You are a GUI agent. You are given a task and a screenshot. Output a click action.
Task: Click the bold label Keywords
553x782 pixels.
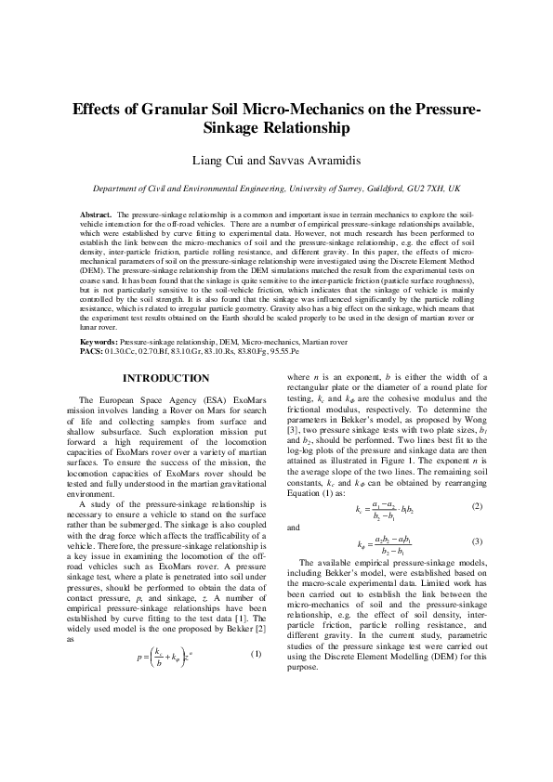click(x=99, y=342)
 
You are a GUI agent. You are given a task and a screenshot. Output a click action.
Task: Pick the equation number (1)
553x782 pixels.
click(x=257, y=653)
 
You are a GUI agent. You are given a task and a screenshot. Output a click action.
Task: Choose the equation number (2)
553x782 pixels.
click(x=477, y=506)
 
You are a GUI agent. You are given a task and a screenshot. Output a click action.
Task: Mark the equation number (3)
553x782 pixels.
click(x=477, y=541)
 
